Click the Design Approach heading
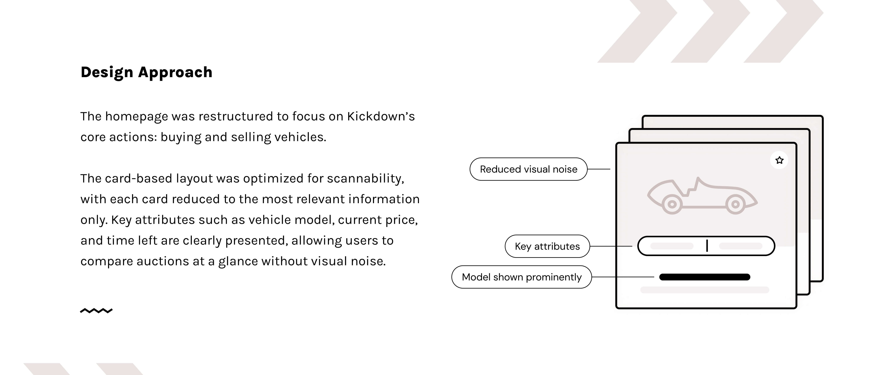[146, 72]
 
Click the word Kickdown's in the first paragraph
[380, 117]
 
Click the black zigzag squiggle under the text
[96, 311]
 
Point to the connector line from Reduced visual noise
[599, 169]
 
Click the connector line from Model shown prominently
[623, 277]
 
